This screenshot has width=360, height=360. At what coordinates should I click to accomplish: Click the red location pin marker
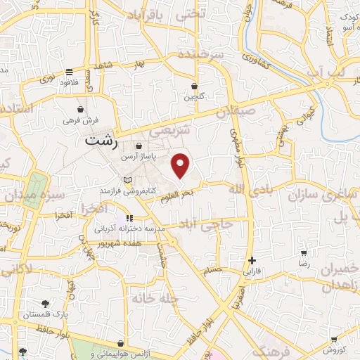(x=181, y=165)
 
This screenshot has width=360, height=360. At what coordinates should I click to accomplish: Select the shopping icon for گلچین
(x=194, y=86)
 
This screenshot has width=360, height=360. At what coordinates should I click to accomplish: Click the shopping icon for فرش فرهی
(x=82, y=110)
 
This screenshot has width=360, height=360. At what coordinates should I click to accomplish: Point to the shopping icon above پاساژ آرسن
(x=139, y=146)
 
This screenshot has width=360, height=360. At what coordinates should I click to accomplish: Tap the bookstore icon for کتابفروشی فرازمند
(x=127, y=181)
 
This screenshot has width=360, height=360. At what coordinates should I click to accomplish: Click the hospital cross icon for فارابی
(x=252, y=260)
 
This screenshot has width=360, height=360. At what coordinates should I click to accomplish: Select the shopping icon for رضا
(x=304, y=253)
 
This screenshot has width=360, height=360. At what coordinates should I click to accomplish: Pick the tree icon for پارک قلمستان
(x=46, y=304)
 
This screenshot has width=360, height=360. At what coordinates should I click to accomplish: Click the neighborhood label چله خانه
(x=153, y=298)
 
